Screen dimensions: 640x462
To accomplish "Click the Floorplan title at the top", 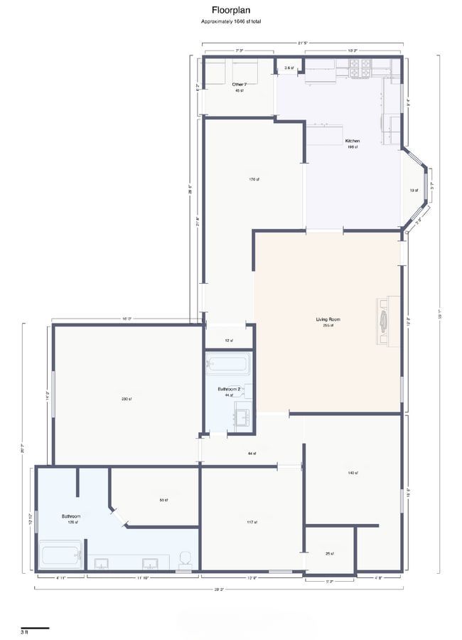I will [x=230, y=10].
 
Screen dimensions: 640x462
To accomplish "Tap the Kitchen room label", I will [x=353, y=141].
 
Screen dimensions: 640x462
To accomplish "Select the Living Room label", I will [x=328, y=319].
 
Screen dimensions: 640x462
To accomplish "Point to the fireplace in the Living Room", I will [x=385, y=320].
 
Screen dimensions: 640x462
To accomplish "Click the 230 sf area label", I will [x=127, y=398].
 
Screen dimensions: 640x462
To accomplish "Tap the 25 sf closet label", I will [x=330, y=553].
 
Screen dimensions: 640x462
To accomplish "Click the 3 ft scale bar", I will [x=35, y=628].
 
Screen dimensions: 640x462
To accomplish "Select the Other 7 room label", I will [x=239, y=85].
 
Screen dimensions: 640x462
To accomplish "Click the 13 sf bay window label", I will [x=413, y=191].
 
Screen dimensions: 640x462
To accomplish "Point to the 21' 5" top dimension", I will [x=303, y=43].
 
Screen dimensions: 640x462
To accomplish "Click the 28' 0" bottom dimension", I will [x=219, y=590].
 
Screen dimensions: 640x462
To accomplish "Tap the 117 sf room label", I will [x=252, y=522].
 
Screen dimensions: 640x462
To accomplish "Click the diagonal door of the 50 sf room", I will [x=118, y=516].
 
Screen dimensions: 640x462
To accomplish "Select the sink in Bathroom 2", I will [x=242, y=416].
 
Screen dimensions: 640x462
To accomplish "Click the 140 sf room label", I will [x=353, y=473].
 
